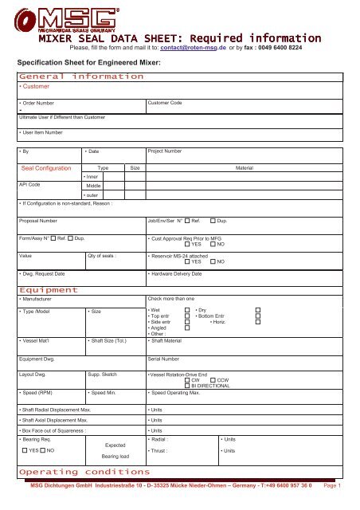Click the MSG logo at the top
[x=79, y=17]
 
